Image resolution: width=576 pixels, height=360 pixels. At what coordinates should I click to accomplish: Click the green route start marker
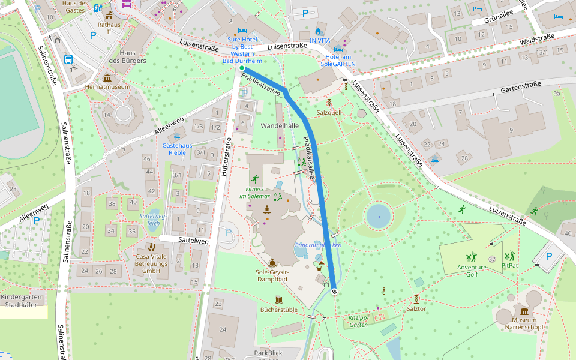click(242, 68)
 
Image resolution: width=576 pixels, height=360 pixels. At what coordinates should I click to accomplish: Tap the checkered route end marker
click(334, 292)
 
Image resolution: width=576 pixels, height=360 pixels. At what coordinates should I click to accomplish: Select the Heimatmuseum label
click(107, 87)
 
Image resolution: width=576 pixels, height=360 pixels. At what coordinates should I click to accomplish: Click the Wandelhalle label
click(280, 126)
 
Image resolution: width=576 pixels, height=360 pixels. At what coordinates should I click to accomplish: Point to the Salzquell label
click(329, 112)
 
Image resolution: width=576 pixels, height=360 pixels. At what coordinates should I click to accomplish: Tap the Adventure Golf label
click(472, 271)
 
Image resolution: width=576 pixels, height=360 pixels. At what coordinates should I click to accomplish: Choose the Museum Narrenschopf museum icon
click(524, 311)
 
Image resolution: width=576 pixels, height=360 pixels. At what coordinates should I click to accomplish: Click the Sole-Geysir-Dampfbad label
click(272, 275)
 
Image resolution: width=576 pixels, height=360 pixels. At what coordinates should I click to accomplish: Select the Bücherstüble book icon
click(278, 299)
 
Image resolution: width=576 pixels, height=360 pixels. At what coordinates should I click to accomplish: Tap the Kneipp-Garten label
click(358, 321)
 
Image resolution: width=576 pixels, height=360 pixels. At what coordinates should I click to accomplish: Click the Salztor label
click(416, 308)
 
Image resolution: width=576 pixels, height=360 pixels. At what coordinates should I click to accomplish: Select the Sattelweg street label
click(193, 240)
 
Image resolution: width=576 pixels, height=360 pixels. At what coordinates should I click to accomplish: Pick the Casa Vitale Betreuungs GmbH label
click(151, 263)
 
